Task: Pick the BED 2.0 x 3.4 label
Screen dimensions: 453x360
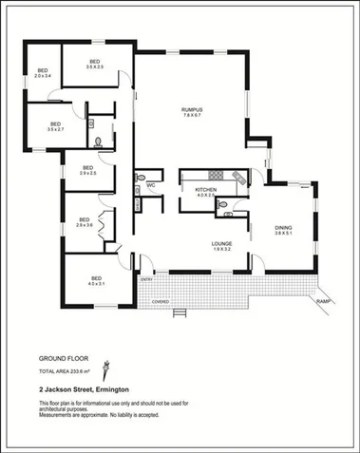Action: [x=43, y=73]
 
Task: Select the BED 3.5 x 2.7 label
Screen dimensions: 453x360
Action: [x=55, y=126]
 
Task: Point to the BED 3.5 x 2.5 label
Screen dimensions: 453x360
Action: [x=95, y=64]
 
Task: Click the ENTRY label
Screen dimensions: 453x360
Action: [x=146, y=279]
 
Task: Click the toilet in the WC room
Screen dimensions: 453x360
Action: [x=140, y=189]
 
